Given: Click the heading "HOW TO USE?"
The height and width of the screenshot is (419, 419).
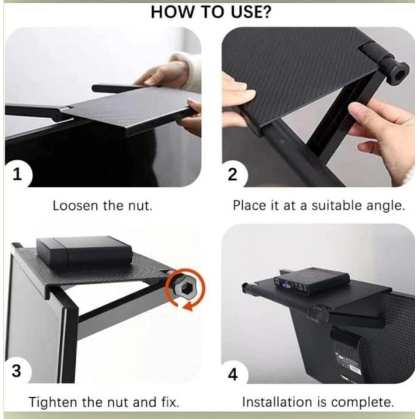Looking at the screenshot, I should tap(210, 12).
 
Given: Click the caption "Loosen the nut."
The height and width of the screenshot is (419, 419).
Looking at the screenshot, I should tap(101, 206).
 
